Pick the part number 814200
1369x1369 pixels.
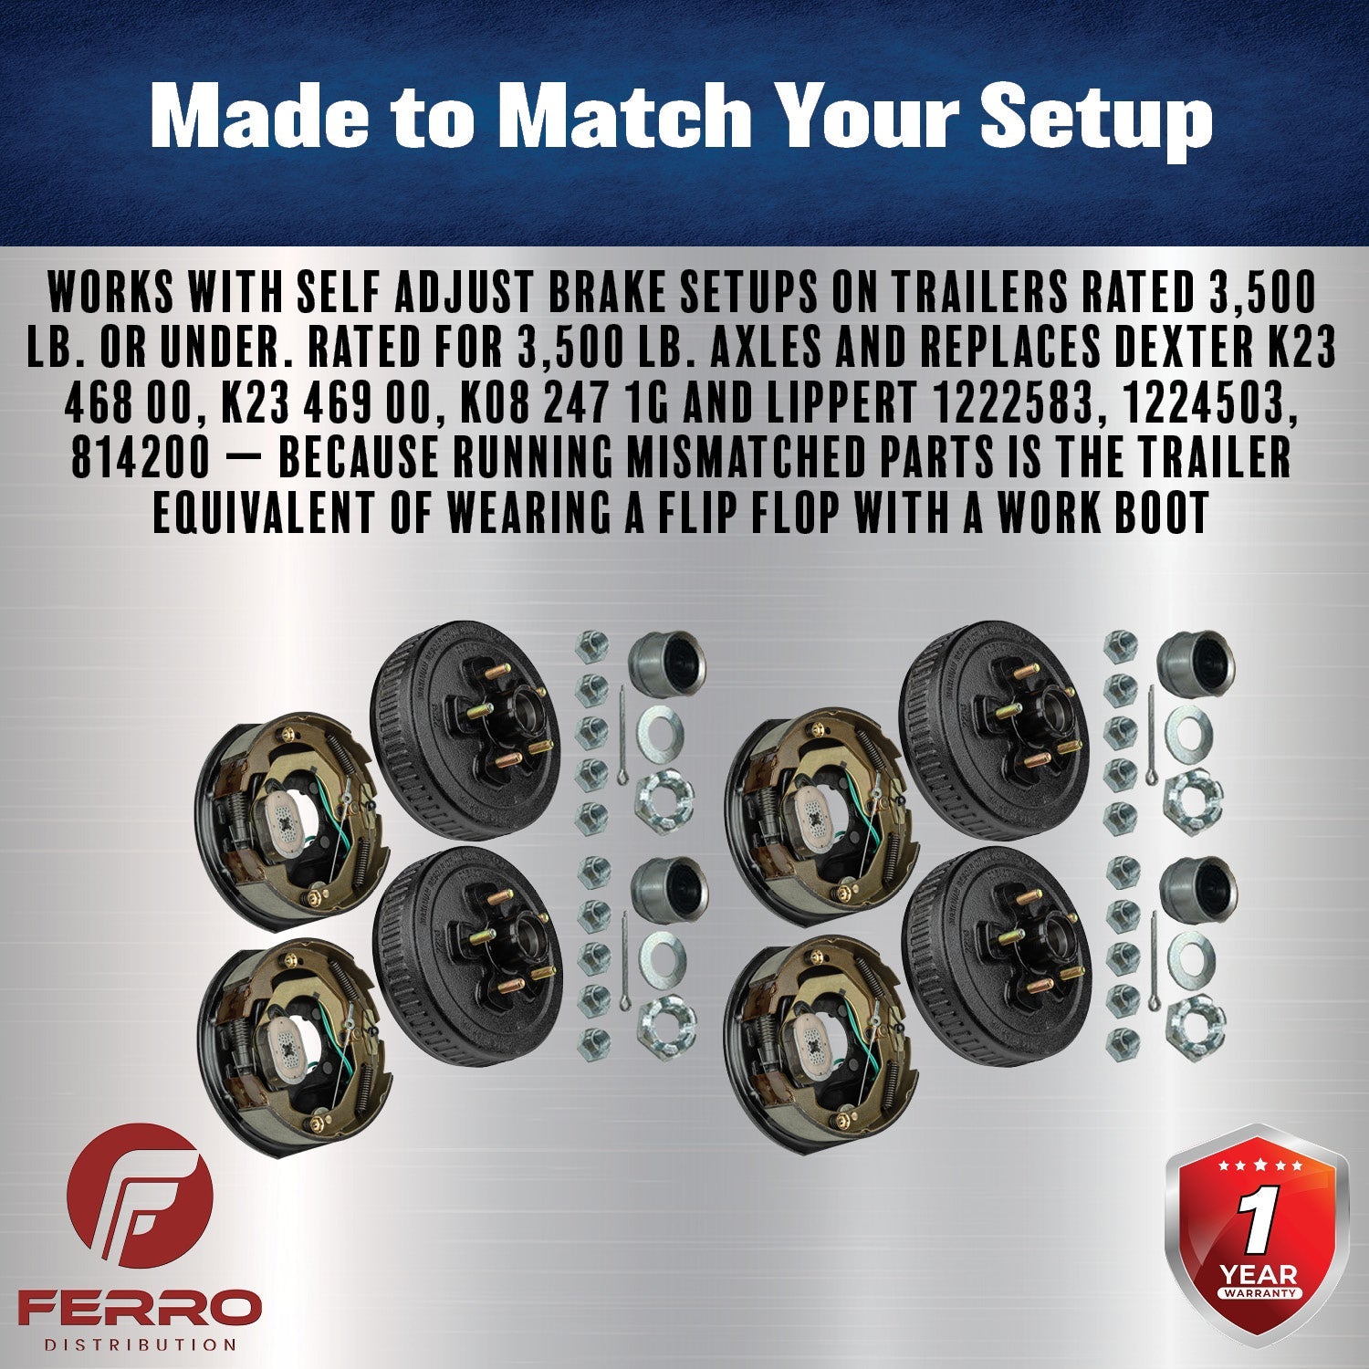(x=141, y=457)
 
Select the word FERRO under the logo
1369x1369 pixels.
(x=140, y=1308)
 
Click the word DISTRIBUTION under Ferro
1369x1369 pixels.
(x=140, y=1344)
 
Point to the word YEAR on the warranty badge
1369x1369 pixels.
(x=1259, y=1273)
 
